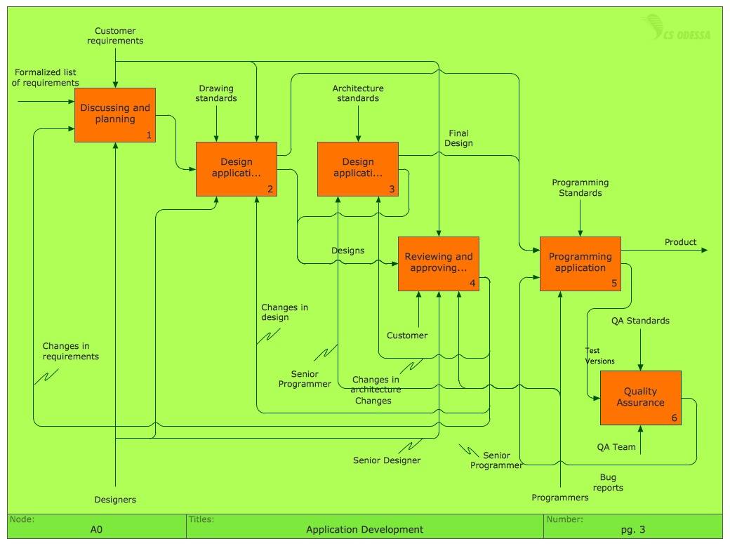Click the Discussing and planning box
tap(115, 114)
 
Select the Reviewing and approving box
tap(439, 263)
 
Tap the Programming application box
tap(580, 263)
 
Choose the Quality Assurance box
tap(640, 397)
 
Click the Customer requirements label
tap(115, 36)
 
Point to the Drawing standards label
tap(216, 93)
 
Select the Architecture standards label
tap(358, 93)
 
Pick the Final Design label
tap(458, 138)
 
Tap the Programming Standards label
tap(580, 188)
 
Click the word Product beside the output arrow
tap(680, 242)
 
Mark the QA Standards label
tap(639, 321)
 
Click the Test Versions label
tap(599, 356)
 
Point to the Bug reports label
tap(607, 483)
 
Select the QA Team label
tap(616, 447)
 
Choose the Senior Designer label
tap(387, 460)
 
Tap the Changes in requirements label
tap(70, 351)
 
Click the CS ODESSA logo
tap(679, 30)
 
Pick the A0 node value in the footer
tap(96, 530)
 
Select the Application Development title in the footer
tap(364, 530)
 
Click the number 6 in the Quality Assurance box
tap(674, 418)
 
